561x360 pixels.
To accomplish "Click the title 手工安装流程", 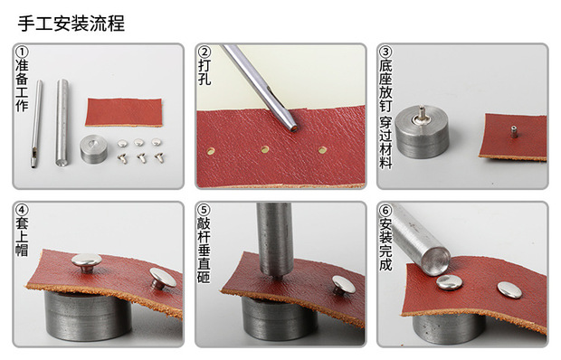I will [x=71, y=23].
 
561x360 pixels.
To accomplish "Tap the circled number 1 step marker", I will [x=23, y=52].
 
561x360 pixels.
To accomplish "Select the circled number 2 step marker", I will [x=204, y=52].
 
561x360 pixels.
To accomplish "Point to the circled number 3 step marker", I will [x=386, y=52].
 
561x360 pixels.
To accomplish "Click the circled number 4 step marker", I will [x=23, y=211].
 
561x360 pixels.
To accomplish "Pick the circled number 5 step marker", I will [x=204, y=211].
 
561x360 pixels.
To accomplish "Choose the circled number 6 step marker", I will [x=386, y=211].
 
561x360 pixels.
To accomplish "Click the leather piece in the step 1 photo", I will [x=124, y=111].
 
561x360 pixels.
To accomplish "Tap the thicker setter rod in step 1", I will [x=62, y=122].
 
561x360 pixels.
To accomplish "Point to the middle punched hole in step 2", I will [x=265, y=149].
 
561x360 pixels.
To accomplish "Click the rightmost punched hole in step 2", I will [x=322, y=147].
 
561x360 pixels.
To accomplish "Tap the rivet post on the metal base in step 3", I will [x=420, y=114].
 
